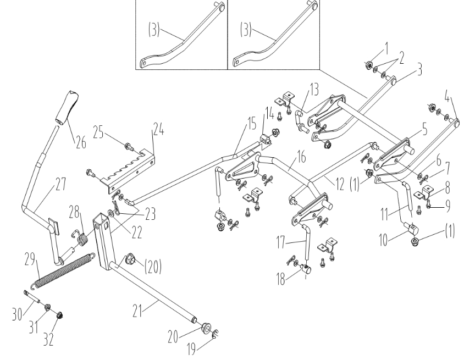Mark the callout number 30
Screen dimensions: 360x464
pos(18,314)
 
